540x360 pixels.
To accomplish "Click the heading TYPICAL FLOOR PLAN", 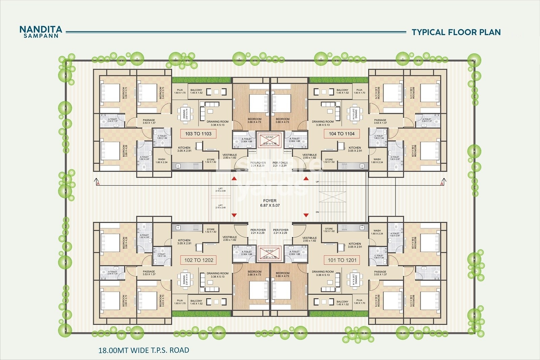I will (456, 32).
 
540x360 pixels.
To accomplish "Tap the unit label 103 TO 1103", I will (198, 134).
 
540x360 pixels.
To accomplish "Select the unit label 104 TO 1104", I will (342, 134).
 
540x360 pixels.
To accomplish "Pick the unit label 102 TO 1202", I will (199, 260).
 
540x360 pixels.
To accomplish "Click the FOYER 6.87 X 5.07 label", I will (270, 203).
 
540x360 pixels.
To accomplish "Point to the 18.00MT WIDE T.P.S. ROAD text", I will (144, 350).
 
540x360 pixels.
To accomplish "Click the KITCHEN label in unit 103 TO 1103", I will (184, 148).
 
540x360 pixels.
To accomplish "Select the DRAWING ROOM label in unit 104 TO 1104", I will (323, 122).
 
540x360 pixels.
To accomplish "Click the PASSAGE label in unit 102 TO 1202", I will (149, 271).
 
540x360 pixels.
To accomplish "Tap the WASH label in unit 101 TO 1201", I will (377, 231).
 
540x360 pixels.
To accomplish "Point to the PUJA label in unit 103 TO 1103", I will (180, 90).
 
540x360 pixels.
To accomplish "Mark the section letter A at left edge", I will (98, 184).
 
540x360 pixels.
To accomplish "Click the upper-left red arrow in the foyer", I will (233, 178).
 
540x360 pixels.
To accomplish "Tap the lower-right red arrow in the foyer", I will (306, 215).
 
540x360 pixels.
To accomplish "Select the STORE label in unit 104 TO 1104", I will (329, 160).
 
